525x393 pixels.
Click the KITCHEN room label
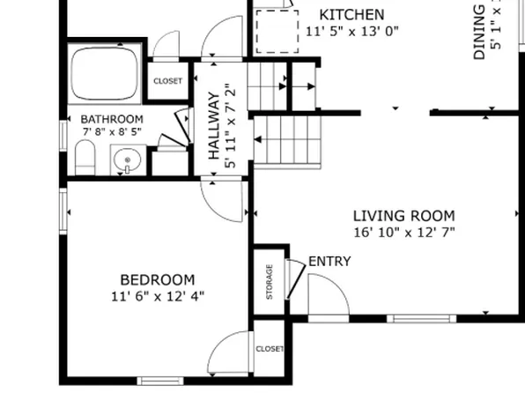tap(351, 14)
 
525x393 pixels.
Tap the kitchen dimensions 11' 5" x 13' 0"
tap(351, 31)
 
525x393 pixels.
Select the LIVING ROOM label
tap(403, 216)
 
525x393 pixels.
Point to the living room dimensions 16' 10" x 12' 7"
tap(403, 233)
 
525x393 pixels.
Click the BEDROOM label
tap(158, 279)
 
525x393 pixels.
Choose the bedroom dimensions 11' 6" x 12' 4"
tap(159, 296)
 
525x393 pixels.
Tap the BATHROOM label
tap(112, 119)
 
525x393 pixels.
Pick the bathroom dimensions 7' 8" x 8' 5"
tap(112, 132)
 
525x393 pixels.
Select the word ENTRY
tap(329, 262)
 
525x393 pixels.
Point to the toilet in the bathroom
tap(85, 159)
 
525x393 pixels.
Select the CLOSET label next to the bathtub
tap(167, 81)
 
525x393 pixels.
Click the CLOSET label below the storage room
tap(270, 349)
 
